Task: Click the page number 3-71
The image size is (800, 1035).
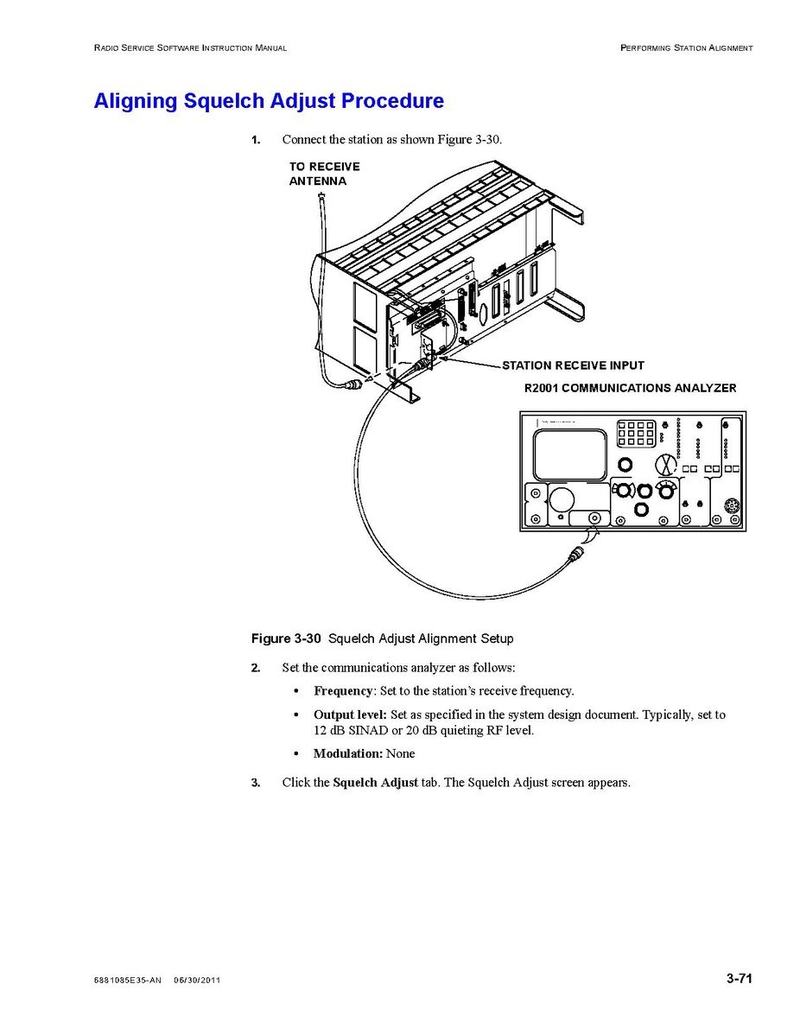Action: [x=740, y=979]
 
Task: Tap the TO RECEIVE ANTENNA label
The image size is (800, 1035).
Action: [x=324, y=174]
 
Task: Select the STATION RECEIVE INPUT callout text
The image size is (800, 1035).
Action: [x=573, y=365]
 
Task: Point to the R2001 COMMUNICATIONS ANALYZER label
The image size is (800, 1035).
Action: [x=631, y=388]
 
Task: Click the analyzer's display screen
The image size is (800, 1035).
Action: [x=570, y=454]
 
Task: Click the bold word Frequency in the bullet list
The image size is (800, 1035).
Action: [x=343, y=691]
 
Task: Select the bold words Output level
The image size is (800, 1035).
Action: [x=350, y=714]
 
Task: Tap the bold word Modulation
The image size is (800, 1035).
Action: [x=348, y=754]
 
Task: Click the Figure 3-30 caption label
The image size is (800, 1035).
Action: [x=286, y=638]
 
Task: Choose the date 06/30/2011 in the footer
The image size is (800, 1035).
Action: [x=197, y=981]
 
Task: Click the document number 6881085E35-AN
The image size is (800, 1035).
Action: [x=127, y=981]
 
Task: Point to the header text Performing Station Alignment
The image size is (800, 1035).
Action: [x=687, y=48]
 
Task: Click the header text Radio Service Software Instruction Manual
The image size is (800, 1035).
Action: [x=191, y=48]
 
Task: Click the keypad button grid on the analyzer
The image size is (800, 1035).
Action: [x=637, y=433]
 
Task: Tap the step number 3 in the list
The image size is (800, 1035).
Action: [x=256, y=783]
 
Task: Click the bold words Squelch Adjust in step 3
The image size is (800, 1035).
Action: [x=376, y=783]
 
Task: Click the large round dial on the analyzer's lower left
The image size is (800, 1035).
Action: [x=561, y=499]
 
